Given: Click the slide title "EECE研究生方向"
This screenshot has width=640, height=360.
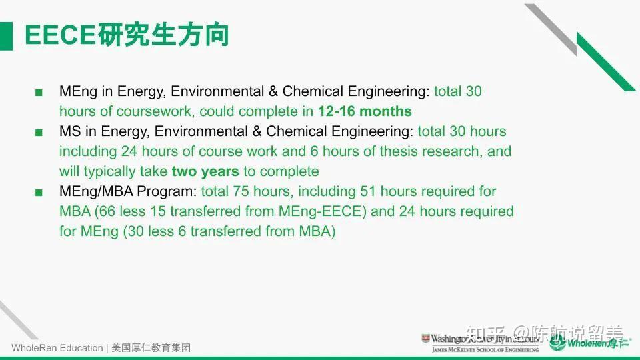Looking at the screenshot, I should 127,35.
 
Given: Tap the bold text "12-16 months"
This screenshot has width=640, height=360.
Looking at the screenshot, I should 365,111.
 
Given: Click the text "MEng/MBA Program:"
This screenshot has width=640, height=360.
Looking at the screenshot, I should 128,191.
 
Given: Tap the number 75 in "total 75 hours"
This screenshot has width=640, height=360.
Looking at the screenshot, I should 239,191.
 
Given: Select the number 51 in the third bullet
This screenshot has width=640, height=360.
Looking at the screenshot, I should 369,191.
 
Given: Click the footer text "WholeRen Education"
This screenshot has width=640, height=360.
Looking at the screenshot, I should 57,348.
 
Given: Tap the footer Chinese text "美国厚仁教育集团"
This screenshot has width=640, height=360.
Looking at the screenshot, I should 151,348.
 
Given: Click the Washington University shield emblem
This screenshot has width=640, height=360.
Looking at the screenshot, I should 425,339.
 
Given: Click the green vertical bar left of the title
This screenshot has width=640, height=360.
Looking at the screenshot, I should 6,35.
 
